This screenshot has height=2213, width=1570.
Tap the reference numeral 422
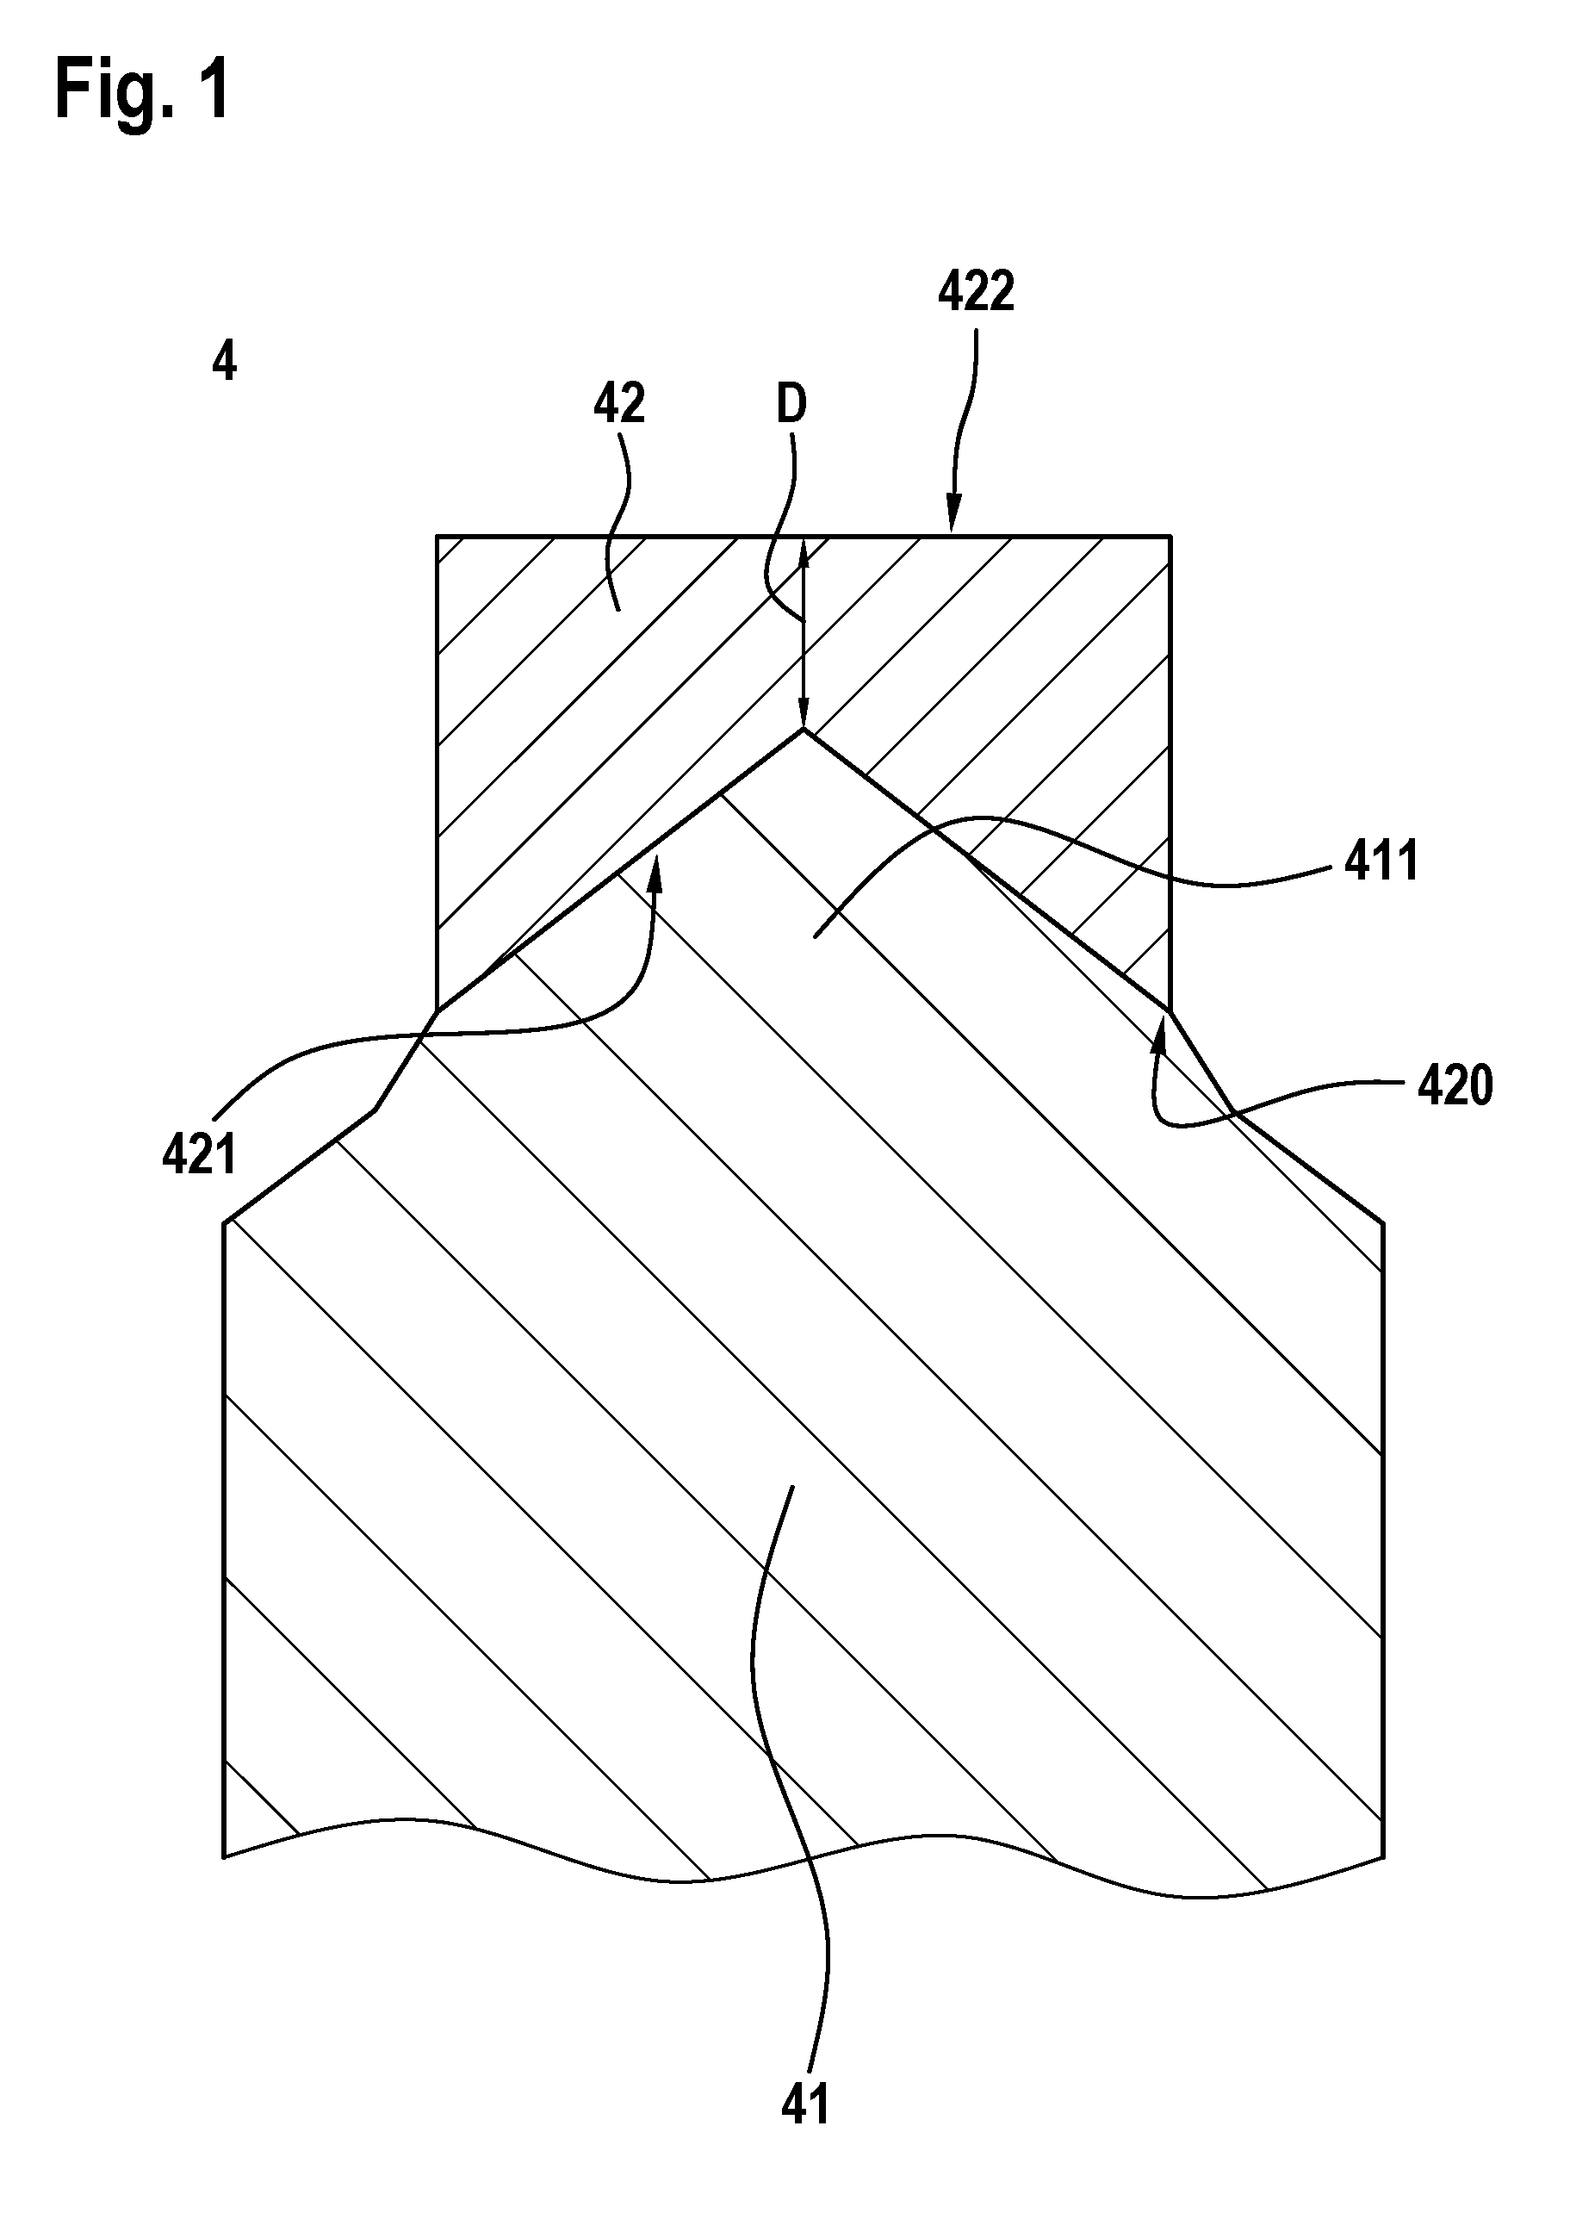pyautogui.click(x=976, y=292)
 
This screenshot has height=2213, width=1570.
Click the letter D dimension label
pyautogui.click(x=791, y=405)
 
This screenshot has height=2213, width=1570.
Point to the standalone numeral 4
pyautogui.click(x=223, y=363)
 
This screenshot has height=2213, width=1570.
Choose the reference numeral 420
pyautogui.click(x=1455, y=1085)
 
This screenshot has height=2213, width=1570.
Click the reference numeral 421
pyautogui.click(x=199, y=1154)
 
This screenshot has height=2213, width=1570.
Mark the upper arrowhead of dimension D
pyautogui.click(x=803, y=551)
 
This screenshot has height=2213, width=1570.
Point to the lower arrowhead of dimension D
pyautogui.click(x=803, y=712)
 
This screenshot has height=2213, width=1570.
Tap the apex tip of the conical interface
pyautogui.click(x=803, y=730)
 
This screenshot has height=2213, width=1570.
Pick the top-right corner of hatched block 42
pyautogui.click(x=1170, y=535)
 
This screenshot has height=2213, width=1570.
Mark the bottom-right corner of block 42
pyautogui.click(x=1170, y=1011)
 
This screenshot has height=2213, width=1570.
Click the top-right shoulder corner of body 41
pyautogui.click(x=1383, y=1223)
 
